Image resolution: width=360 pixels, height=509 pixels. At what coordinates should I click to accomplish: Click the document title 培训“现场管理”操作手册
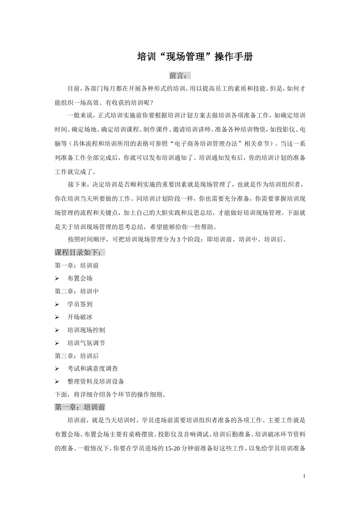pos(194,57)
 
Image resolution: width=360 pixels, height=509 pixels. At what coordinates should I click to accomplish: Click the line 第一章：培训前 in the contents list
pos(77,265)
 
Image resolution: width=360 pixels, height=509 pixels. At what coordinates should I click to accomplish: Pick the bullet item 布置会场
pos(80,278)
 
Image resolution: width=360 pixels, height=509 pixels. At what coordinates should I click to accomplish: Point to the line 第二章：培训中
pos(77,291)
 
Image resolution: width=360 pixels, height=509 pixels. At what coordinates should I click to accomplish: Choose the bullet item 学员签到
pos(80,304)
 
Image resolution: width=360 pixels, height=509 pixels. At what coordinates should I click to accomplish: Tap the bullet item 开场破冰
pos(80,317)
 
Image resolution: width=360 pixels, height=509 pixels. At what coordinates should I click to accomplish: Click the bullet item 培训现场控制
pos(86,330)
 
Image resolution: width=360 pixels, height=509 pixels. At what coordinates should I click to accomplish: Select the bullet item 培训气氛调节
pos(86,343)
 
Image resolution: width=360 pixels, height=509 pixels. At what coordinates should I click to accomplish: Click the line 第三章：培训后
pos(77,356)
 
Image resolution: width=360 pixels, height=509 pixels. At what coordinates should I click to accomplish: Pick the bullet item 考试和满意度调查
pos(92,368)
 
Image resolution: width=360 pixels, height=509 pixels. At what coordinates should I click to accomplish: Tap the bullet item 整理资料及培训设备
pos(95,381)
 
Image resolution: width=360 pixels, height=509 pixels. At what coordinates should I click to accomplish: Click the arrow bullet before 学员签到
pos(57,304)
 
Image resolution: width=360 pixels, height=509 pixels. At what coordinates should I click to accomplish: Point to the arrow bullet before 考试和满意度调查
pos(57,368)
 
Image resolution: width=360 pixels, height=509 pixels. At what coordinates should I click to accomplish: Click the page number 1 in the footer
pos(304,476)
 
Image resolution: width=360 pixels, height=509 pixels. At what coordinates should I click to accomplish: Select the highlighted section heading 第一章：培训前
pos(80,408)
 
